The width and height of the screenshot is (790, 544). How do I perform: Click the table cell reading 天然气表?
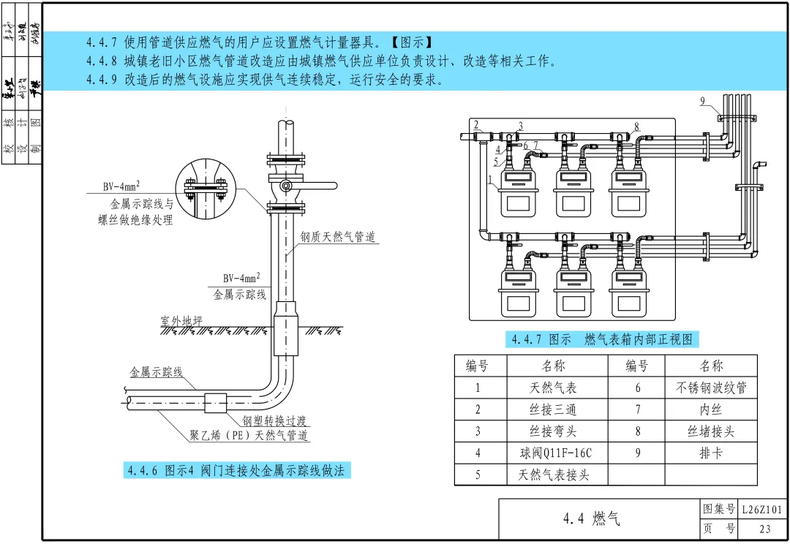[x=553, y=388]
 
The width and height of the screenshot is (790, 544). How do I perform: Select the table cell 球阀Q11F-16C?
[x=553, y=453]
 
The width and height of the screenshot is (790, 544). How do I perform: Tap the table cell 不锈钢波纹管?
[x=710, y=388]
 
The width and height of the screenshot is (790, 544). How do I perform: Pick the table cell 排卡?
[x=710, y=453]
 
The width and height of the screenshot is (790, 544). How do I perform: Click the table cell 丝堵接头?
[x=710, y=431]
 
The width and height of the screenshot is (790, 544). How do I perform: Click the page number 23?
[x=764, y=529]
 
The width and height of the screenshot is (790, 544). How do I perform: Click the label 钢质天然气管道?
[x=337, y=237]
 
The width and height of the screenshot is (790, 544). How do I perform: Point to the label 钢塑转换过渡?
[x=274, y=420]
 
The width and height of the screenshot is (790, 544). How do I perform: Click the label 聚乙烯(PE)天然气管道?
[x=249, y=437]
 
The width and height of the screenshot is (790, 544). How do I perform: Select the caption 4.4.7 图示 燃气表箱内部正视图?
[x=601, y=339]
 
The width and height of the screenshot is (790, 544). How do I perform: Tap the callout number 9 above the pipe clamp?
[x=702, y=102]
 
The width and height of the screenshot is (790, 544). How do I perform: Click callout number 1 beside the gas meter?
[x=489, y=179]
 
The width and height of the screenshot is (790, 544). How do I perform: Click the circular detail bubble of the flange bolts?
[x=205, y=186]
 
